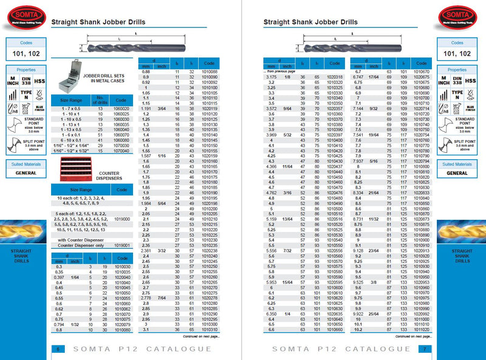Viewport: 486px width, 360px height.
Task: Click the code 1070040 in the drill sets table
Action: click(122, 150)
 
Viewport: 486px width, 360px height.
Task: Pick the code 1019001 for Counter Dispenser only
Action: click(122, 245)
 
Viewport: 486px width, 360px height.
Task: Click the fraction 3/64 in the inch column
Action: click(161, 108)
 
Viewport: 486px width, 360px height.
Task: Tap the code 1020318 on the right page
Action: click(334, 78)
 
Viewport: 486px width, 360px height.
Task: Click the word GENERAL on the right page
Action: click(457, 173)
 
